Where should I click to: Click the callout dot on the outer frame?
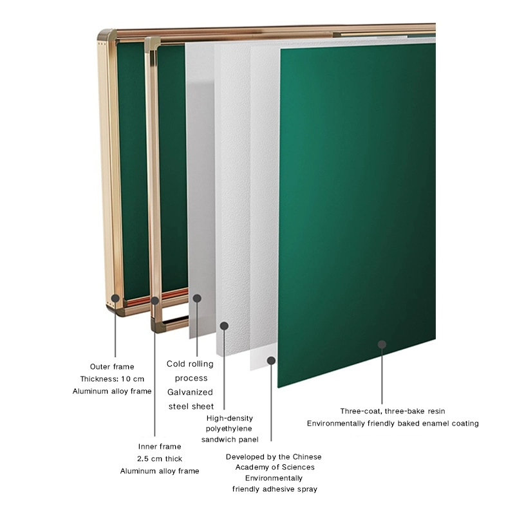click(115, 298)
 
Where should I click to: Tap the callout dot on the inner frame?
click(155, 300)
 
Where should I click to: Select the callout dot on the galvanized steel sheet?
click(197, 299)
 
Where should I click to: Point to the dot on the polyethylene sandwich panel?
click(224, 326)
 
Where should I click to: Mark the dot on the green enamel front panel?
click(382, 344)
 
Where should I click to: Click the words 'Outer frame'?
click(113, 366)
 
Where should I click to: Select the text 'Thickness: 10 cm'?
click(113, 379)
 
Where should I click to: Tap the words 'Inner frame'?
click(160, 446)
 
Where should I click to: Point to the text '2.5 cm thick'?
click(160, 459)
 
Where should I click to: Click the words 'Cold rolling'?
click(190, 364)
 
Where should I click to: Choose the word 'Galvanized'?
click(191, 392)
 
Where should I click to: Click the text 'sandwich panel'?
click(230, 440)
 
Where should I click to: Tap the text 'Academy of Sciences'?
click(274, 467)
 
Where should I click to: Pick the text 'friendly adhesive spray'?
click(275, 489)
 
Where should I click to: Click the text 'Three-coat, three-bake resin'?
click(393, 411)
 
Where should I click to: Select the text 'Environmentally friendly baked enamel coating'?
click(393, 424)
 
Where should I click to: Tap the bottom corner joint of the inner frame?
click(158, 326)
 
